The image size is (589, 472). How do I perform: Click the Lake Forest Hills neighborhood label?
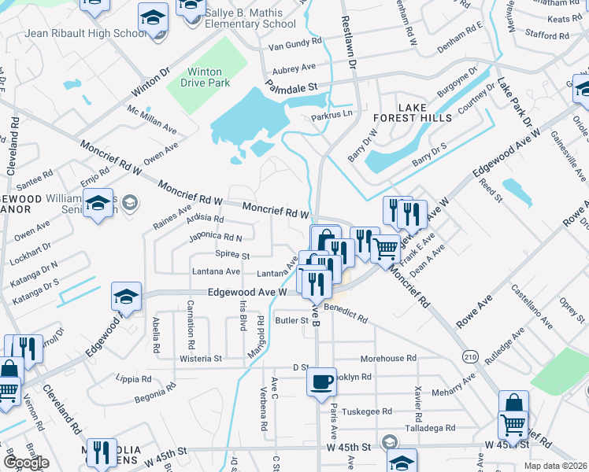coord(413,112)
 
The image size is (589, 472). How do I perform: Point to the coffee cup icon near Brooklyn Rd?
coord(320,382)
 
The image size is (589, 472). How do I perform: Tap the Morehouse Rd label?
coord(387,358)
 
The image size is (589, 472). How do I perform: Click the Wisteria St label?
coord(201,358)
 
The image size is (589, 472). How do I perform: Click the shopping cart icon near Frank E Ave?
coord(385,249)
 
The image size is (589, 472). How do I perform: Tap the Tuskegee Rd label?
coord(365,411)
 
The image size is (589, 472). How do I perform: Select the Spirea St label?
coord(232,255)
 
